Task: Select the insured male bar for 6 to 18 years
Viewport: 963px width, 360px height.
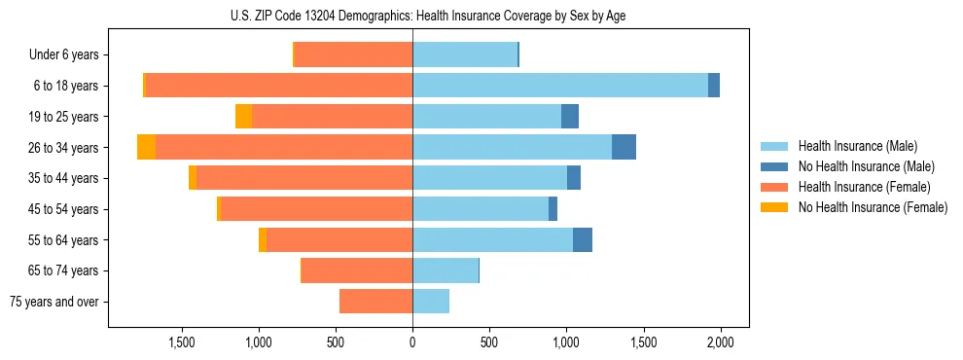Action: [x=560, y=86]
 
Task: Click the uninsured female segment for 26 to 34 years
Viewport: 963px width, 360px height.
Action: [x=146, y=147]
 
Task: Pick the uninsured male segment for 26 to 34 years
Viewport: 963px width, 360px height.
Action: [x=624, y=147]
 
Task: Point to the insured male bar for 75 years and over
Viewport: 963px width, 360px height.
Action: [x=431, y=302]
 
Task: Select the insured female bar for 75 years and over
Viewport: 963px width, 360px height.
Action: [x=375, y=302]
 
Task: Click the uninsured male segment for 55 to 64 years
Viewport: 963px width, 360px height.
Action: [x=583, y=239]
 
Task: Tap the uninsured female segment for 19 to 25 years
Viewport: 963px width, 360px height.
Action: [x=243, y=117]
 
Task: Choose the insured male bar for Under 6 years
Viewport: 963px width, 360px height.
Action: [x=465, y=54]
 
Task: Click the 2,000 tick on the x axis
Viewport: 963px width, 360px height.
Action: [x=720, y=342]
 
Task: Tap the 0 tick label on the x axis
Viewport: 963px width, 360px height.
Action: [x=412, y=342]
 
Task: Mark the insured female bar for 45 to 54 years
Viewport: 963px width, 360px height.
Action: [x=316, y=209]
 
